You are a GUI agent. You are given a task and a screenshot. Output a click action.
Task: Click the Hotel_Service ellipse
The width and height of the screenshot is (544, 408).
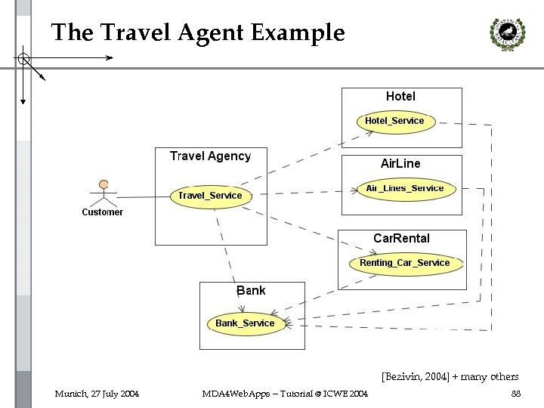pos(394,121)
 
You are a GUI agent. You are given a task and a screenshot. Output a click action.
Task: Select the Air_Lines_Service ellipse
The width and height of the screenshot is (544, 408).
pos(405,188)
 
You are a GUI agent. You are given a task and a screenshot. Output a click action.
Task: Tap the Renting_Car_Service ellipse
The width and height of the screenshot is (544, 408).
pos(404,263)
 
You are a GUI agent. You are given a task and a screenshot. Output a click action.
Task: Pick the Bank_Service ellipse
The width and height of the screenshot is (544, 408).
pos(245,323)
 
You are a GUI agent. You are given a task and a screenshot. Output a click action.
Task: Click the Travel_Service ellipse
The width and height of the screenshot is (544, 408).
pos(210,196)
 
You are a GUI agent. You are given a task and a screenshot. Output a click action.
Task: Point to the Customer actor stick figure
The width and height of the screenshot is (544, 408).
pos(104,193)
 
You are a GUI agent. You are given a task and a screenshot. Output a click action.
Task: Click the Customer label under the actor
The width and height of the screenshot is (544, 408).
pos(103,212)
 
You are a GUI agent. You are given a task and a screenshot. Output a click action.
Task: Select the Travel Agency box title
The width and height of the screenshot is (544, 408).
pos(210,156)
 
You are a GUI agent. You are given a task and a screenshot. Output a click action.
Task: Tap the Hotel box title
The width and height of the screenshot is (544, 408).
pos(400,97)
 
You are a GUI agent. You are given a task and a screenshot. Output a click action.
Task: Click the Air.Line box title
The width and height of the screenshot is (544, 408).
pos(400,163)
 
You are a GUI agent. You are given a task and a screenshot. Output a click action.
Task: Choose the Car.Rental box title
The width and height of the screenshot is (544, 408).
pos(401,238)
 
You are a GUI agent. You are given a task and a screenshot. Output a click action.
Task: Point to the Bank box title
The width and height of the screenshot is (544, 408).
pos(251,291)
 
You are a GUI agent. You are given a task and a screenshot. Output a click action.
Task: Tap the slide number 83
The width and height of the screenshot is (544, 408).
pos(516,394)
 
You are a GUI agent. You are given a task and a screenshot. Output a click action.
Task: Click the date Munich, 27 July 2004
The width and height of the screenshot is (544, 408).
pos(97,394)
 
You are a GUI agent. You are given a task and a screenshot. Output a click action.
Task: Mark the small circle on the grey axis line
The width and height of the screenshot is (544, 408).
pos(23,57)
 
